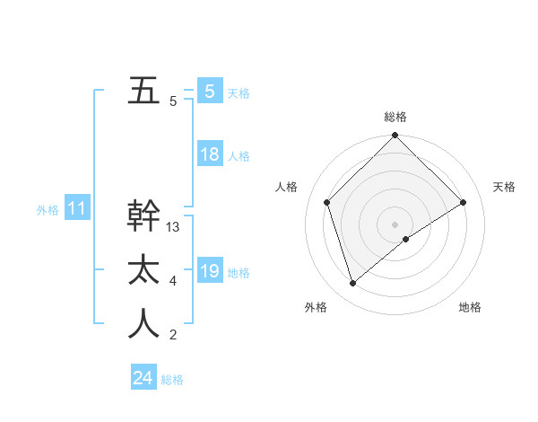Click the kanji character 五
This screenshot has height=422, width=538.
click(x=143, y=91)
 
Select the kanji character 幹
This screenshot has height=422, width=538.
click(x=143, y=216)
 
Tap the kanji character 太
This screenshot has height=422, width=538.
click(x=143, y=270)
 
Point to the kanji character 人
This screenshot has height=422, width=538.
click(x=143, y=324)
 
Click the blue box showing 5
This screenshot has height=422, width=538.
click(x=209, y=91)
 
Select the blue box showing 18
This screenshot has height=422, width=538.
click(x=209, y=154)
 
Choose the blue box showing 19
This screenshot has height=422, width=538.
click(x=209, y=271)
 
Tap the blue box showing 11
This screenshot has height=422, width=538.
click(x=76, y=209)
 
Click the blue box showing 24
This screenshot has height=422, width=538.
click(x=143, y=378)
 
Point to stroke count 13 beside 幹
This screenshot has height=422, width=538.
click(x=173, y=227)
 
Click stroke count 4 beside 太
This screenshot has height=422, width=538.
click(x=173, y=281)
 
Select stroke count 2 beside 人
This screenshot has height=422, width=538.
click(x=173, y=335)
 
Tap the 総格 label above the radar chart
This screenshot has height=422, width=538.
click(x=395, y=117)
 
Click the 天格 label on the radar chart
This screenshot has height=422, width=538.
click(x=504, y=187)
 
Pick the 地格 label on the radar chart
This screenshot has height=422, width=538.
click(x=470, y=307)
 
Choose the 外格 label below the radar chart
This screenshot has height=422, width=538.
click(x=315, y=307)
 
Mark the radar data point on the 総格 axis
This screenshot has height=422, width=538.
click(x=395, y=136)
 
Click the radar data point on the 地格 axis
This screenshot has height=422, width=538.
click(x=406, y=239)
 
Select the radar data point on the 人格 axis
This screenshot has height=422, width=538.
click(x=327, y=201)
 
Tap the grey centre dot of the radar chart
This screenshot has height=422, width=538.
click(x=395, y=224)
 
